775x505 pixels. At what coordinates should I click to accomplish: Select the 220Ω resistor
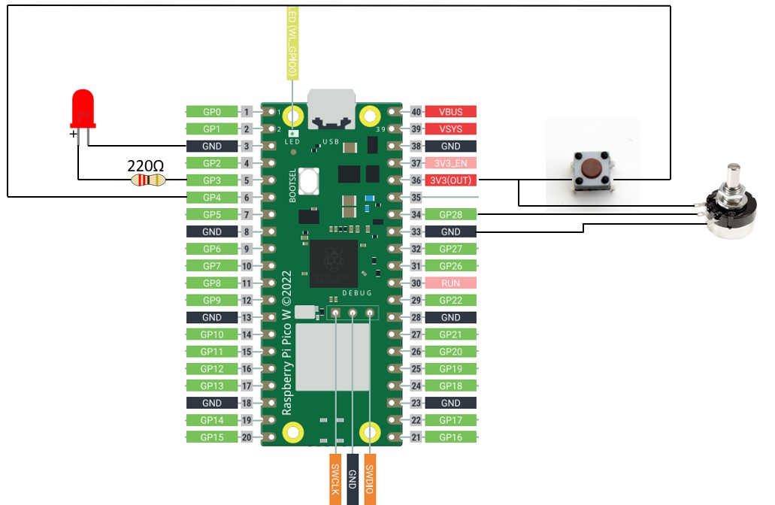tap(148, 180)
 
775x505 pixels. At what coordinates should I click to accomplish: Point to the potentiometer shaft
tap(731, 179)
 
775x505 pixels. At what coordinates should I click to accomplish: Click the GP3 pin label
tap(212, 180)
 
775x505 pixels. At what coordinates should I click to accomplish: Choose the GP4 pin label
tap(212, 198)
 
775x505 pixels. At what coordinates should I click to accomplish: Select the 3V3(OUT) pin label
tap(451, 180)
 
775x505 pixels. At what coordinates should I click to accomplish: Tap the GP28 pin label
tap(451, 215)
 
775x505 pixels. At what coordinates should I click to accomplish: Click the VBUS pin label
tap(451, 112)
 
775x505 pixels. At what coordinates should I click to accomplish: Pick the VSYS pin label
tap(451, 129)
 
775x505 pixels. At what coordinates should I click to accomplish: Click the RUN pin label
tap(451, 283)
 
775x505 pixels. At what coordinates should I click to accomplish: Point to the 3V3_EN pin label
tap(451, 163)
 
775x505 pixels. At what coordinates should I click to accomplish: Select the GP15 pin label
tap(212, 437)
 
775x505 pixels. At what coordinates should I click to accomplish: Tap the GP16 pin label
tap(451, 437)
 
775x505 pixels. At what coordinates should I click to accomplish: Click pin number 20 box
tap(247, 437)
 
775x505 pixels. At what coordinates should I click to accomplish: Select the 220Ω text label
tap(146, 165)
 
